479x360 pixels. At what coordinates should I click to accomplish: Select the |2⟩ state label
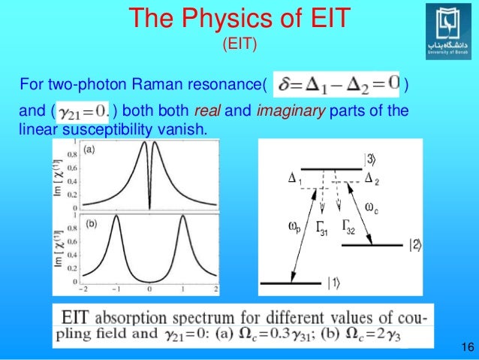point(415,244)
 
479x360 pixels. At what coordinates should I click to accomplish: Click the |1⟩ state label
point(333,283)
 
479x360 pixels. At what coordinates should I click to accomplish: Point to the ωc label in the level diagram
point(372,206)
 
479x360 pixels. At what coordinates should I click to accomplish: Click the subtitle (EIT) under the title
point(239,45)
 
